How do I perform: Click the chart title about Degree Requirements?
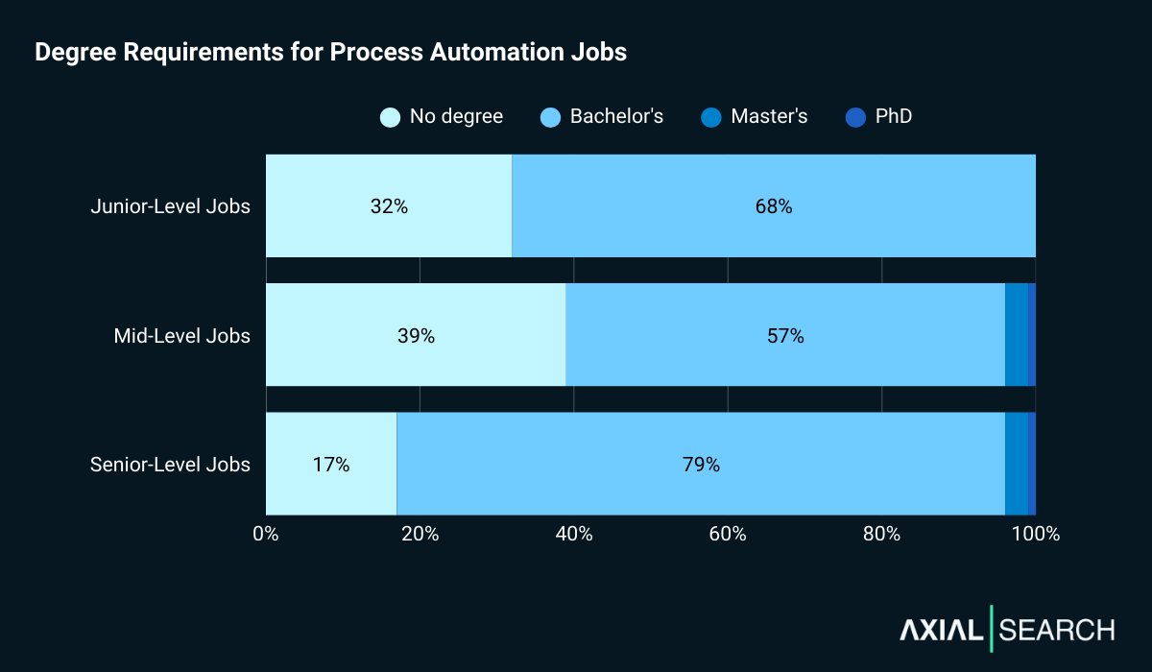(x=330, y=53)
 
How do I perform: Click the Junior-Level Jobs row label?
(x=170, y=206)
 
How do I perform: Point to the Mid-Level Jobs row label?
(x=181, y=336)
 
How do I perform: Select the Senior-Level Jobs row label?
(x=170, y=465)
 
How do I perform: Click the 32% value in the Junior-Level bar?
(x=389, y=206)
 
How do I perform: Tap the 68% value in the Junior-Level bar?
(x=773, y=206)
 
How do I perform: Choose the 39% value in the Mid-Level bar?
(x=416, y=336)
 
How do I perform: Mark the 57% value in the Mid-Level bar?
(x=784, y=336)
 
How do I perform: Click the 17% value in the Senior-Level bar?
(x=331, y=465)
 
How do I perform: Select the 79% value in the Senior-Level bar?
(x=701, y=465)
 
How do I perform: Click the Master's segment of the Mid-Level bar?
(x=1016, y=335)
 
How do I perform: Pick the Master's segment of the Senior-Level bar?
(x=1016, y=464)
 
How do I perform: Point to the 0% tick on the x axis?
(x=266, y=534)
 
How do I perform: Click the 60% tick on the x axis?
(x=728, y=534)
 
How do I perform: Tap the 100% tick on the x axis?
(x=1035, y=534)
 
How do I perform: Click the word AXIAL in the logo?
(x=941, y=630)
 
